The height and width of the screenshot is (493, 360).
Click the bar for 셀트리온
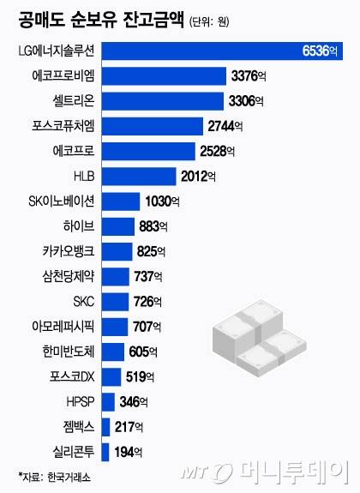pyautogui.click(x=163, y=101)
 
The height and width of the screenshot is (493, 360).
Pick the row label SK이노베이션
pyautogui.click(x=62, y=201)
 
